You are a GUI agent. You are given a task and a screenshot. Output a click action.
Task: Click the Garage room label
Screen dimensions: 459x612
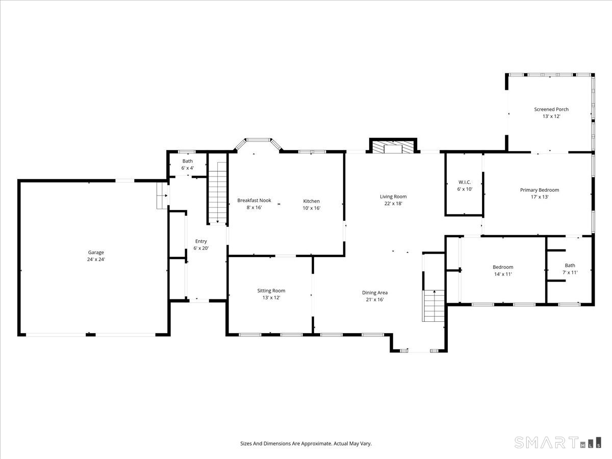[96, 252]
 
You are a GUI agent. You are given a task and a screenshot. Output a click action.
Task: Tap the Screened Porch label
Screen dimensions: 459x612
[551, 109]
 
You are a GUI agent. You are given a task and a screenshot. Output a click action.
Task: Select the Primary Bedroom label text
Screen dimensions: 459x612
[539, 190]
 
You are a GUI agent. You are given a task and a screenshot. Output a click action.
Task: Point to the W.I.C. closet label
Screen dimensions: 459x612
[465, 182]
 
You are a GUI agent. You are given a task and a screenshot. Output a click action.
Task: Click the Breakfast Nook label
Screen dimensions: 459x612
[254, 200]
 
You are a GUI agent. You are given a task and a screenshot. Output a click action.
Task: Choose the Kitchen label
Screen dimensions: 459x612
[311, 201]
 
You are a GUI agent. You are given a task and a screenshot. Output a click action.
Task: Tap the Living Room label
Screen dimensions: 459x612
[393, 196]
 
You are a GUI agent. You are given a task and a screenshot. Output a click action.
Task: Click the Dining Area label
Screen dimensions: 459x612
[375, 293]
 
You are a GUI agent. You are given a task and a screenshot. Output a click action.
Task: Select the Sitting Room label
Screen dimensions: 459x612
[271, 291]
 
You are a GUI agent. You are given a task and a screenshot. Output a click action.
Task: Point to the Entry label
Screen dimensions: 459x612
[201, 241]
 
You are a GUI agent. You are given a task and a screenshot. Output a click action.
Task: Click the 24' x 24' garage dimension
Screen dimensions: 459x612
[96, 260]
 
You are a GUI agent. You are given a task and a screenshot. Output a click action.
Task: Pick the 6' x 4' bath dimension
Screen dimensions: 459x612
[188, 168]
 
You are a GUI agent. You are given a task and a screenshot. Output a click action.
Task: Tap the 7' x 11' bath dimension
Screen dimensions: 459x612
[570, 272]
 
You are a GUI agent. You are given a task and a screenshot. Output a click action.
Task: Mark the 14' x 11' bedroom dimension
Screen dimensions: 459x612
[502, 274]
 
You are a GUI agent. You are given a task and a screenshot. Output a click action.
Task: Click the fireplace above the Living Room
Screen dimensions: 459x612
[393, 147]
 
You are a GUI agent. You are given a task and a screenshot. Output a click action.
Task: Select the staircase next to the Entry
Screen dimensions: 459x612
[218, 191]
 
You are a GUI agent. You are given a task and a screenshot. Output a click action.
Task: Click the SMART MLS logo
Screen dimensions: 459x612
[557, 442]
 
